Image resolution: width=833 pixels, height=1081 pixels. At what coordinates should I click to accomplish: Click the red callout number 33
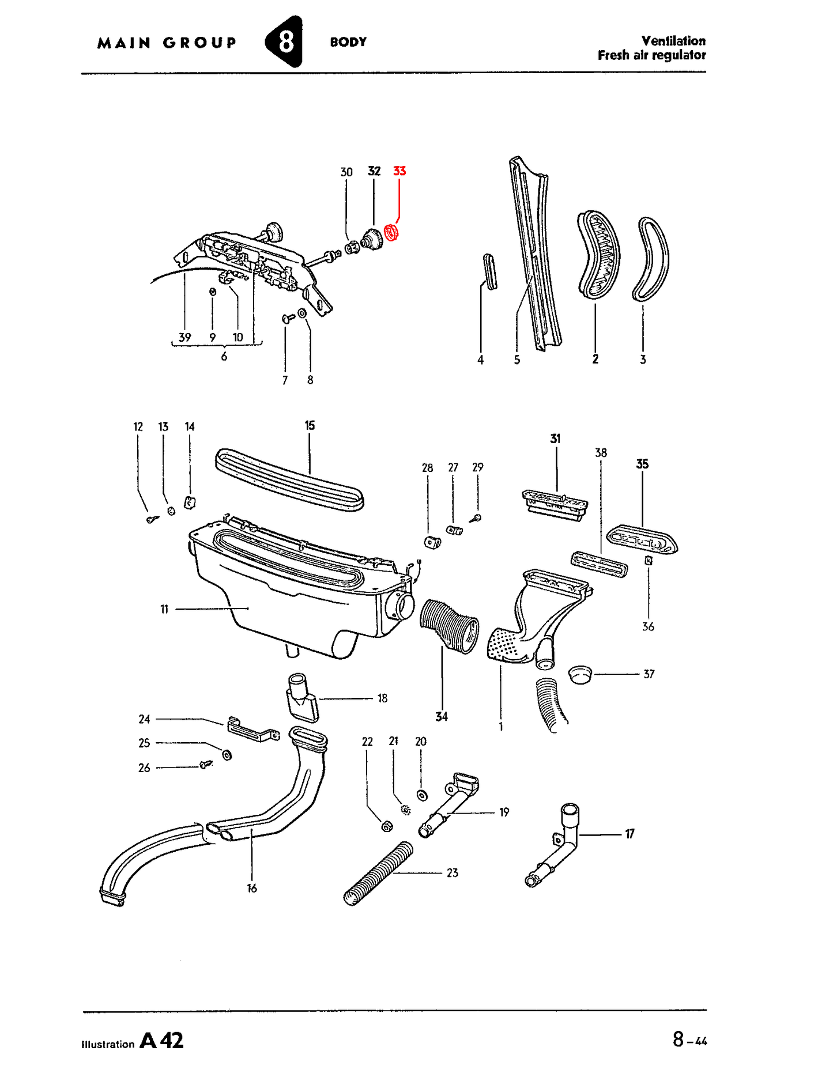tap(399, 171)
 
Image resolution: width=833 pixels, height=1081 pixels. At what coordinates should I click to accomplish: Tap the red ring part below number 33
tap(392, 232)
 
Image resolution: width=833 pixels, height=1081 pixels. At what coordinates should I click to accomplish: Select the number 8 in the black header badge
tap(285, 41)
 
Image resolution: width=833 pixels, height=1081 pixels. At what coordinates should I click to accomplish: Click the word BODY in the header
tap(348, 42)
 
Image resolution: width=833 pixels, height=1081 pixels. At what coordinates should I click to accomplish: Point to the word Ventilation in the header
tap(673, 41)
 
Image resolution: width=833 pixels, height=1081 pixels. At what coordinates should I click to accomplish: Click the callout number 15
tap(310, 425)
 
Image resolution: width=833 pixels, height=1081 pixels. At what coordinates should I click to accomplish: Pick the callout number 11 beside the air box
tap(164, 609)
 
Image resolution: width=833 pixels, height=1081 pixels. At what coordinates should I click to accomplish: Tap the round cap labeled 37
tap(580, 674)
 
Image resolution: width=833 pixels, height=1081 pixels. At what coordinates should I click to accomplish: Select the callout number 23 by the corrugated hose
tap(453, 873)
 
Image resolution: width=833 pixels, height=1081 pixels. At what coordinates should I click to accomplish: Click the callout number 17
tap(630, 834)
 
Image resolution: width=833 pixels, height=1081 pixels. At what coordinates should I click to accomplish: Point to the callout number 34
tap(442, 716)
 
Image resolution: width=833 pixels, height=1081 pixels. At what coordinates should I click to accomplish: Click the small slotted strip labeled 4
tap(490, 271)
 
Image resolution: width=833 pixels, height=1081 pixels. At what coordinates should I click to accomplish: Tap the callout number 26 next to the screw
tap(144, 768)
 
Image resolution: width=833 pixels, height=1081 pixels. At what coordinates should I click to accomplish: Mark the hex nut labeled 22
tap(387, 826)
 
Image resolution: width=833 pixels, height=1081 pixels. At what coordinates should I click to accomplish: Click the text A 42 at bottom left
tap(162, 1040)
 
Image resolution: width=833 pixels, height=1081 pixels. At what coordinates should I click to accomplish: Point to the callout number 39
tap(184, 337)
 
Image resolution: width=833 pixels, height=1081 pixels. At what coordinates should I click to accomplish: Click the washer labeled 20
tap(422, 795)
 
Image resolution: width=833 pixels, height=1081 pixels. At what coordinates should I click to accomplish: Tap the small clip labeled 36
tap(649, 560)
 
